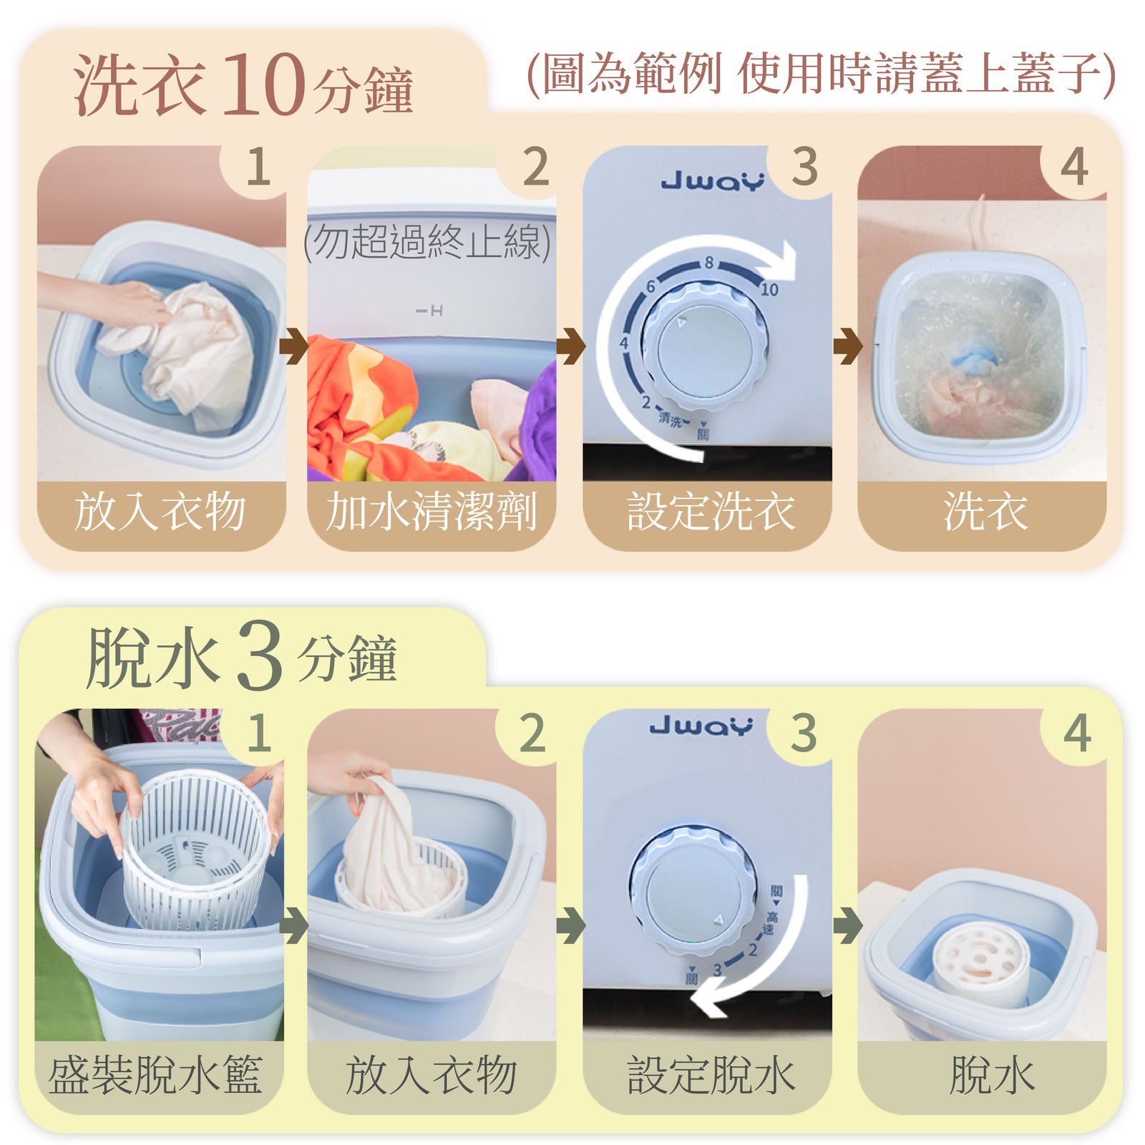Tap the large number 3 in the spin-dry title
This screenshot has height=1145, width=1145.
259,657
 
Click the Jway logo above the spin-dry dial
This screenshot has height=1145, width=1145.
701,726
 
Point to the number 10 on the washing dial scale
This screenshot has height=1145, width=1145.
769,289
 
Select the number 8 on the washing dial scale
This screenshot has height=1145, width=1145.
708,263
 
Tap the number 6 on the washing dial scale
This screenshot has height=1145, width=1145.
651,286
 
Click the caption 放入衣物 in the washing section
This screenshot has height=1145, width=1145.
160,512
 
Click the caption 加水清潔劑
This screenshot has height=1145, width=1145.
431,512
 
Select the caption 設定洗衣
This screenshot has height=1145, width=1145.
710,512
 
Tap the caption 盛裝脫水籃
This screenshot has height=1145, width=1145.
155,1075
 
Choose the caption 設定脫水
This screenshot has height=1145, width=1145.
710,1075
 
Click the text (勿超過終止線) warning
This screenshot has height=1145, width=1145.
428,242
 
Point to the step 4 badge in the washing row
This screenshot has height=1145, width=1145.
1074,167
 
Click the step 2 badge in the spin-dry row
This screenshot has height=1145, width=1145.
533,733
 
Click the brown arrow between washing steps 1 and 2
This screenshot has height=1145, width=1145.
294,346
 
